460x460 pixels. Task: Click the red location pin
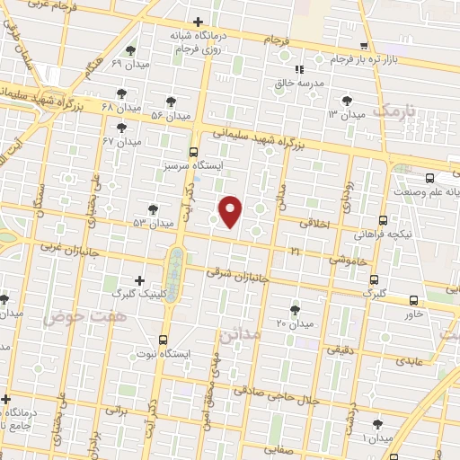click(x=231, y=212)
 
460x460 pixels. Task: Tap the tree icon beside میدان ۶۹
click(x=132, y=50)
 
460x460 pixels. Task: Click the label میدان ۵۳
click(x=151, y=222)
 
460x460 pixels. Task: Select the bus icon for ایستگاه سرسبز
click(x=194, y=153)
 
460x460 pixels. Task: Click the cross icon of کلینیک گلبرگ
click(x=138, y=280)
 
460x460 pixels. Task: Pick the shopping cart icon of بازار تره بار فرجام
click(x=363, y=46)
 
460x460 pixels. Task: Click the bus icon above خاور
click(x=413, y=300)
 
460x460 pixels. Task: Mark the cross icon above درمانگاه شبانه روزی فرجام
click(x=198, y=22)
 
